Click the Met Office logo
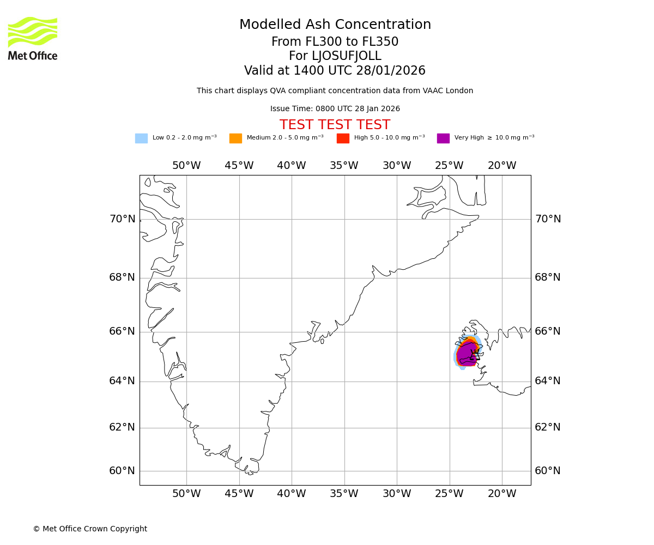33,38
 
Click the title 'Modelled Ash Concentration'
335,25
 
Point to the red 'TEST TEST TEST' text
335,125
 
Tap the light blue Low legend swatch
141,138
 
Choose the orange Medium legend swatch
235,138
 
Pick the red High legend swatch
343,138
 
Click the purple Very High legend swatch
443,138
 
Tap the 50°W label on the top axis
186,166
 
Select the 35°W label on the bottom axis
344,494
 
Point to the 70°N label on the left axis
122,219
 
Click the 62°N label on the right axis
548,427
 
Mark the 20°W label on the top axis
502,166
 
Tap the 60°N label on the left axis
122,471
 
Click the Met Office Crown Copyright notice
90,529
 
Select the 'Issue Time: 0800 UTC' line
335,109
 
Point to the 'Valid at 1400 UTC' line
335,71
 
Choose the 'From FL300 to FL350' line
335,42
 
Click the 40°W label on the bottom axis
292,494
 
